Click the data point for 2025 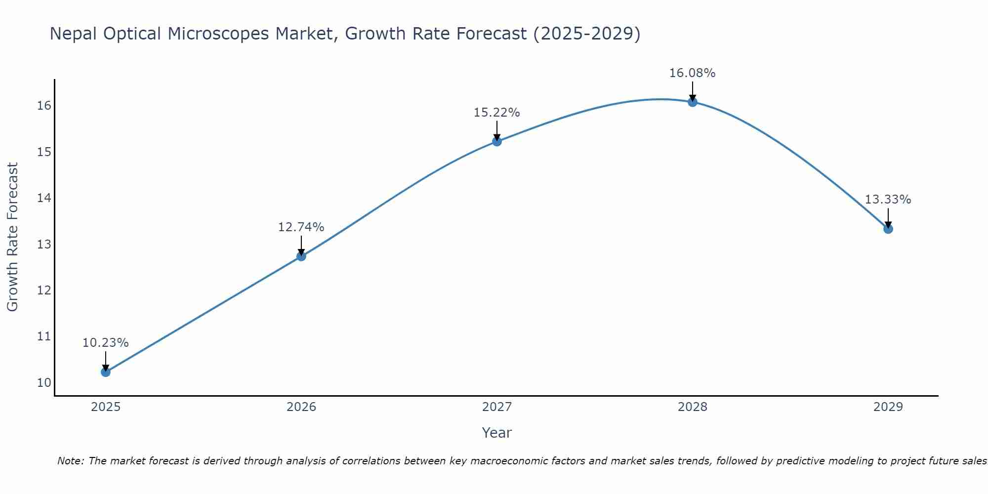pyautogui.click(x=106, y=371)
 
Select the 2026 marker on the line pyautogui.click(x=301, y=256)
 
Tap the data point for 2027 pyautogui.click(x=497, y=141)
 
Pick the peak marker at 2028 pyautogui.click(x=693, y=102)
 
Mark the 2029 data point pyautogui.click(x=888, y=229)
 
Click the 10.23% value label pyautogui.click(x=106, y=343)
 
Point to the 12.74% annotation pyautogui.click(x=301, y=227)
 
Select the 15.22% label pyautogui.click(x=497, y=113)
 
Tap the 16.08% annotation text pyautogui.click(x=693, y=73)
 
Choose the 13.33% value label pyautogui.click(x=888, y=200)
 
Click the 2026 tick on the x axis pyautogui.click(x=301, y=407)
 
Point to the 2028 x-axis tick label pyautogui.click(x=693, y=407)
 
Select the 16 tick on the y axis pyautogui.click(x=44, y=106)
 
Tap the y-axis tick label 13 pyautogui.click(x=44, y=244)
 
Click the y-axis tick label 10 pyautogui.click(x=44, y=382)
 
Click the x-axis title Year pyautogui.click(x=497, y=433)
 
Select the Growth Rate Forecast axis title pyautogui.click(x=12, y=237)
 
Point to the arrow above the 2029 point pyautogui.click(x=888, y=218)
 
